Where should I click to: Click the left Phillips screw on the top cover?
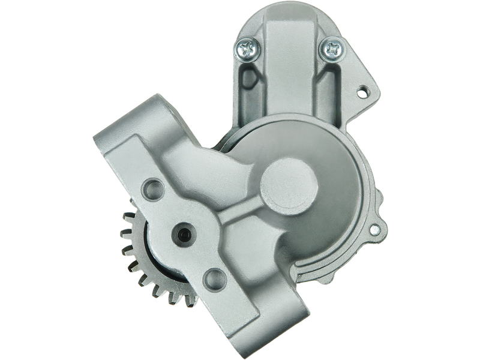246,48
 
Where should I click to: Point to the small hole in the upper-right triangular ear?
362,93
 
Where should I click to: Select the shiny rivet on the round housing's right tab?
376,229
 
